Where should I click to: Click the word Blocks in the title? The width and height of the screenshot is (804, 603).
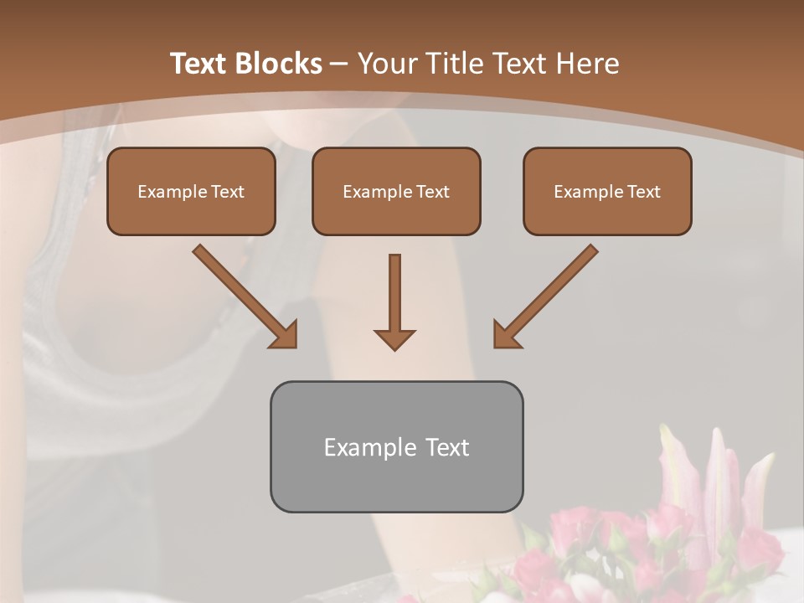pyautogui.click(x=278, y=64)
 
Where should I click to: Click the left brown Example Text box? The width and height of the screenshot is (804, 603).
pyautogui.click(x=191, y=191)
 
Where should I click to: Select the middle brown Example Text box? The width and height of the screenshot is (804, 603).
pyautogui.click(x=396, y=191)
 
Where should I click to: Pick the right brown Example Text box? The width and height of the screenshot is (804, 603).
pyautogui.click(x=607, y=191)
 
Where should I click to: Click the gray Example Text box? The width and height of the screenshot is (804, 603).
pyautogui.click(x=396, y=446)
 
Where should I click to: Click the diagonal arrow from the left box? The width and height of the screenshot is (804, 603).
pyautogui.click(x=243, y=294)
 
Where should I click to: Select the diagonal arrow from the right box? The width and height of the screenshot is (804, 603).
pyautogui.click(x=548, y=294)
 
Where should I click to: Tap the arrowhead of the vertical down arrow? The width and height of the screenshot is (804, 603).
pyautogui.click(x=394, y=338)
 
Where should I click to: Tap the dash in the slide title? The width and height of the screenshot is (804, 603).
pyautogui.click(x=339, y=64)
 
